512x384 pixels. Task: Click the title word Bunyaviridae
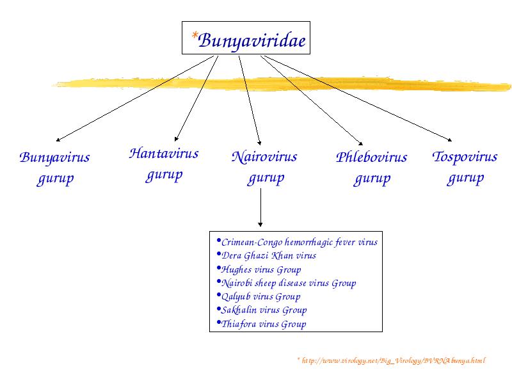click(x=252, y=41)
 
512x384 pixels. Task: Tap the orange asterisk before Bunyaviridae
click(x=195, y=35)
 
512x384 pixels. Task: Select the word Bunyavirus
click(x=54, y=157)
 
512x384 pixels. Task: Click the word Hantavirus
click(x=164, y=153)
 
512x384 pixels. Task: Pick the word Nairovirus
click(x=264, y=157)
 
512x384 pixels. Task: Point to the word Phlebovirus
click(x=372, y=157)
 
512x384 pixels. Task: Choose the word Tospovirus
click(x=465, y=157)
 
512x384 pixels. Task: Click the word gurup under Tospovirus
click(x=465, y=179)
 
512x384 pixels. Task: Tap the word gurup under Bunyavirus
click(x=55, y=179)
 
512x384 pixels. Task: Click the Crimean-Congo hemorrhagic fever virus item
click(x=300, y=243)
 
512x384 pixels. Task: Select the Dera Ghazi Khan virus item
click(x=269, y=255)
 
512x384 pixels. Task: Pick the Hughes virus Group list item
click(x=261, y=269)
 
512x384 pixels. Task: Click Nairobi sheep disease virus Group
click(x=289, y=283)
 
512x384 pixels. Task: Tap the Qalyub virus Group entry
click(x=261, y=297)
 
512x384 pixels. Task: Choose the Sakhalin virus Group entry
click(x=264, y=310)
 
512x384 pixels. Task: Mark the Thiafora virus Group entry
click(x=264, y=324)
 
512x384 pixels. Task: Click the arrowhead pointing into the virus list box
click(x=260, y=224)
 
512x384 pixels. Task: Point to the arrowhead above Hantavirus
click(x=177, y=139)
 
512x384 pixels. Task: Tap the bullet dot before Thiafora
click(x=219, y=323)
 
